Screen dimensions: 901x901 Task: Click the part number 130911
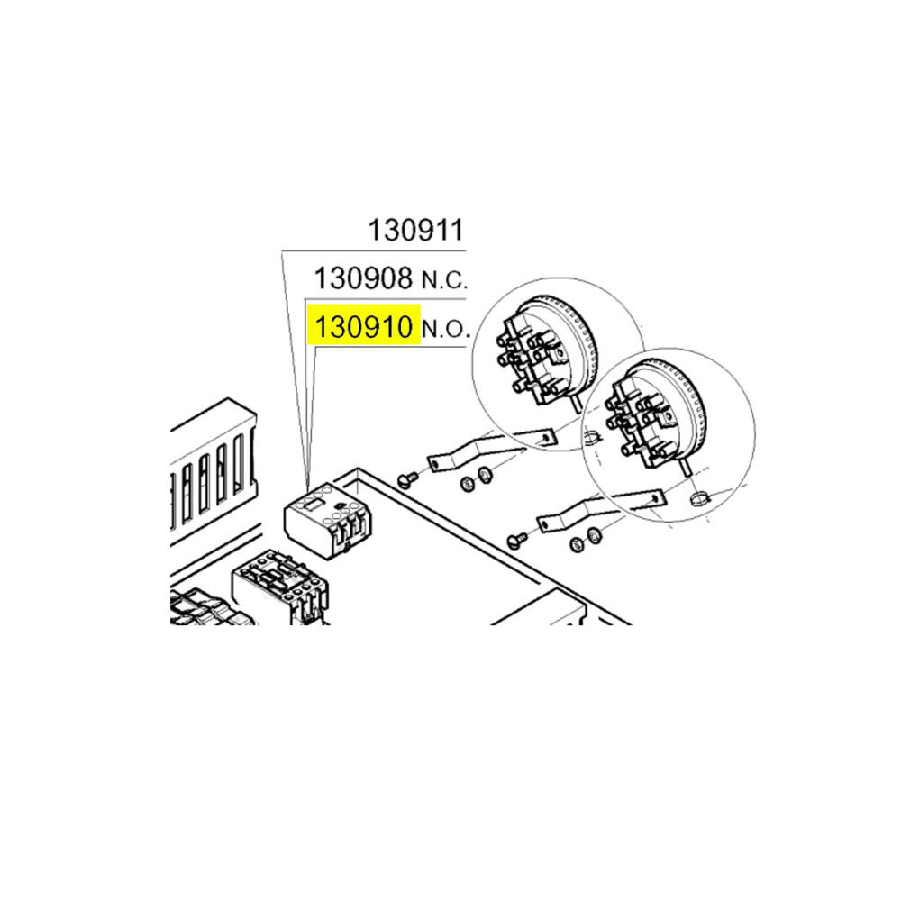pyautogui.click(x=415, y=231)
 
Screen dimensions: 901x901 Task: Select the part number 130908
pyautogui.click(x=364, y=278)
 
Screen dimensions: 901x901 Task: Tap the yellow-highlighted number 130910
pyautogui.click(x=364, y=327)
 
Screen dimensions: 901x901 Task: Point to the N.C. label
pyautogui.click(x=445, y=281)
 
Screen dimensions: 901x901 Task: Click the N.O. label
pyautogui.click(x=446, y=329)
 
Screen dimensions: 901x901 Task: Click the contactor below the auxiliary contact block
pyautogui.click(x=280, y=587)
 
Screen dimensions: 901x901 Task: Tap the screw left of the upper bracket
pyautogui.click(x=408, y=479)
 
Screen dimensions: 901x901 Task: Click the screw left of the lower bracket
pyautogui.click(x=517, y=540)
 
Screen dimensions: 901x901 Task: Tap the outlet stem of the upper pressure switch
pyautogui.click(x=578, y=401)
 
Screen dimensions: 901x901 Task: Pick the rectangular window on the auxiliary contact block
pyautogui.click(x=313, y=505)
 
